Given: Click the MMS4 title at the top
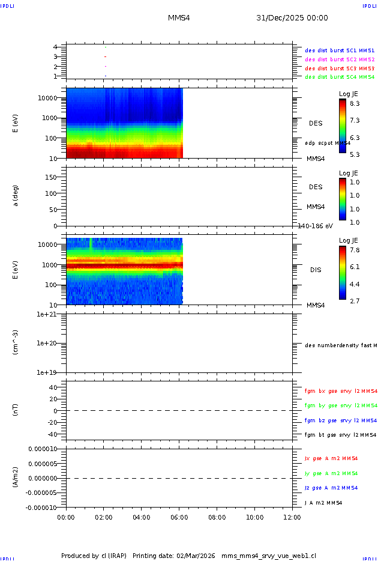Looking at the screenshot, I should point(179,18).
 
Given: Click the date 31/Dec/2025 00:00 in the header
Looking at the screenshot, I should point(292,18).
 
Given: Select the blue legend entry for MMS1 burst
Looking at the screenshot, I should point(340,51).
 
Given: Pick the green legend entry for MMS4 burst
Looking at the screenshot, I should point(340,77).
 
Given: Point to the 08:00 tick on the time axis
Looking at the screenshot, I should point(217,517).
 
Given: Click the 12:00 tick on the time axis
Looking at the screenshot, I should point(292,517).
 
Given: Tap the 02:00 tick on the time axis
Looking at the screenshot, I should point(103,517).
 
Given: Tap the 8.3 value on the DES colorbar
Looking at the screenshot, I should point(355,104).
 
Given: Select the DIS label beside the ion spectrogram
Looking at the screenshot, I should point(316,270).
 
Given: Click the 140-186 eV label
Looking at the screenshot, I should point(316,226).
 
